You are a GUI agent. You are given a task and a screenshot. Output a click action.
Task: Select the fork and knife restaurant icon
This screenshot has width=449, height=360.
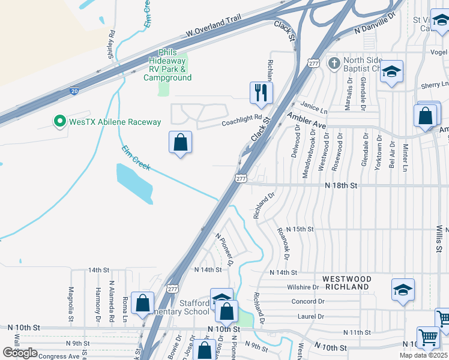click(x=261, y=92)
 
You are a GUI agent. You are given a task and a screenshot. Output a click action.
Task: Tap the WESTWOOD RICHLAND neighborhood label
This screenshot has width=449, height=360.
click(x=346, y=283)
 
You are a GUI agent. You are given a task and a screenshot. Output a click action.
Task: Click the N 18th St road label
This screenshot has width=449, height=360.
click(x=340, y=186)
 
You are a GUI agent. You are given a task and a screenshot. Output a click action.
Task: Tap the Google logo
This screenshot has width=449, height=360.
click(x=20, y=353)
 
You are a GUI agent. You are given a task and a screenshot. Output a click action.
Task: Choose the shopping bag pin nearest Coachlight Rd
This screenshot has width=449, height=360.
click(x=180, y=143)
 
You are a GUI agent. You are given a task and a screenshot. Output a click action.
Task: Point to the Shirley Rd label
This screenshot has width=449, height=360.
click(x=111, y=44)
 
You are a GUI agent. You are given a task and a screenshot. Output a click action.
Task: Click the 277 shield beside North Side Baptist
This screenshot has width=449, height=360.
click(x=312, y=63)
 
